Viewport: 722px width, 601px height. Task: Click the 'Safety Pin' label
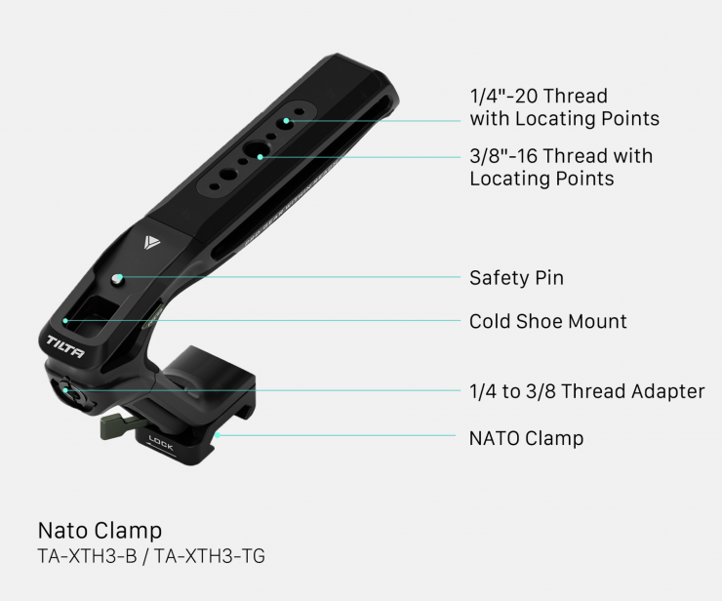[x=516, y=278]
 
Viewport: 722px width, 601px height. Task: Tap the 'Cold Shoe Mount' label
[x=548, y=321]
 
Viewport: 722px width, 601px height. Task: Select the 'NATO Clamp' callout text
[x=526, y=438]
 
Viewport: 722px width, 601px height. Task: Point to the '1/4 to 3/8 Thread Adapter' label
[x=587, y=391]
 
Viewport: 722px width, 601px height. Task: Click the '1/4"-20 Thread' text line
[x=539, y=96]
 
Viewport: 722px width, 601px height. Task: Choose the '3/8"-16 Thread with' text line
[x=561, y=156]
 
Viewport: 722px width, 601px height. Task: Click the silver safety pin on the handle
[x=117, y=279]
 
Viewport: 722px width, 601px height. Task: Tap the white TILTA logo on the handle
[x=65, y=346]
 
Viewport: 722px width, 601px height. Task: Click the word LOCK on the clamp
[x=161, y=443]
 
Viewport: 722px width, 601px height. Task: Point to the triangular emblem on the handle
[x=151, y=242]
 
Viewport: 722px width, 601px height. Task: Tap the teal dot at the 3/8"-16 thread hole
[x=261, y=157]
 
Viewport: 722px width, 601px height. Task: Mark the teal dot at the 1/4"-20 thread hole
[x=286, y=121]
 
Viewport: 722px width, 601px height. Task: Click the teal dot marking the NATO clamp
[x=218, y=435]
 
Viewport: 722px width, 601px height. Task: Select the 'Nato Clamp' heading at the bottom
[x=100, y=531]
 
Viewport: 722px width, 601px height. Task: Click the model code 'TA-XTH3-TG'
[x=210, y=556]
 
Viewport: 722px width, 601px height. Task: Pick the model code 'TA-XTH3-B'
[x=87, y=556]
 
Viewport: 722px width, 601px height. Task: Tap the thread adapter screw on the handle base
[x=67, y=389]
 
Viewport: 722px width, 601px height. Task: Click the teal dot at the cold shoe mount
[x=65, y=321]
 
